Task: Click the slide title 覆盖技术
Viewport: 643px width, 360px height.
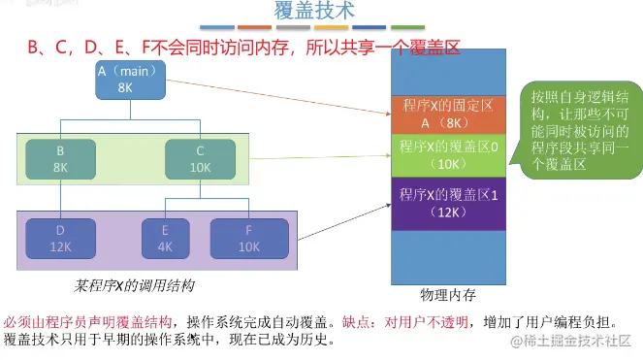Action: [315, 12]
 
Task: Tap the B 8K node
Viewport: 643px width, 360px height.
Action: [60, 159]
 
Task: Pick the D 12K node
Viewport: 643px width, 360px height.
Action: [60, 239]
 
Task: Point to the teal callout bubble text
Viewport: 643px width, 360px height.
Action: [579, 132]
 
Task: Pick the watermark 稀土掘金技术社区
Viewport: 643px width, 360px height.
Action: [572, 342]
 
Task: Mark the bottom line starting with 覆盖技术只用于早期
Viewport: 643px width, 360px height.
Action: [170, 341]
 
